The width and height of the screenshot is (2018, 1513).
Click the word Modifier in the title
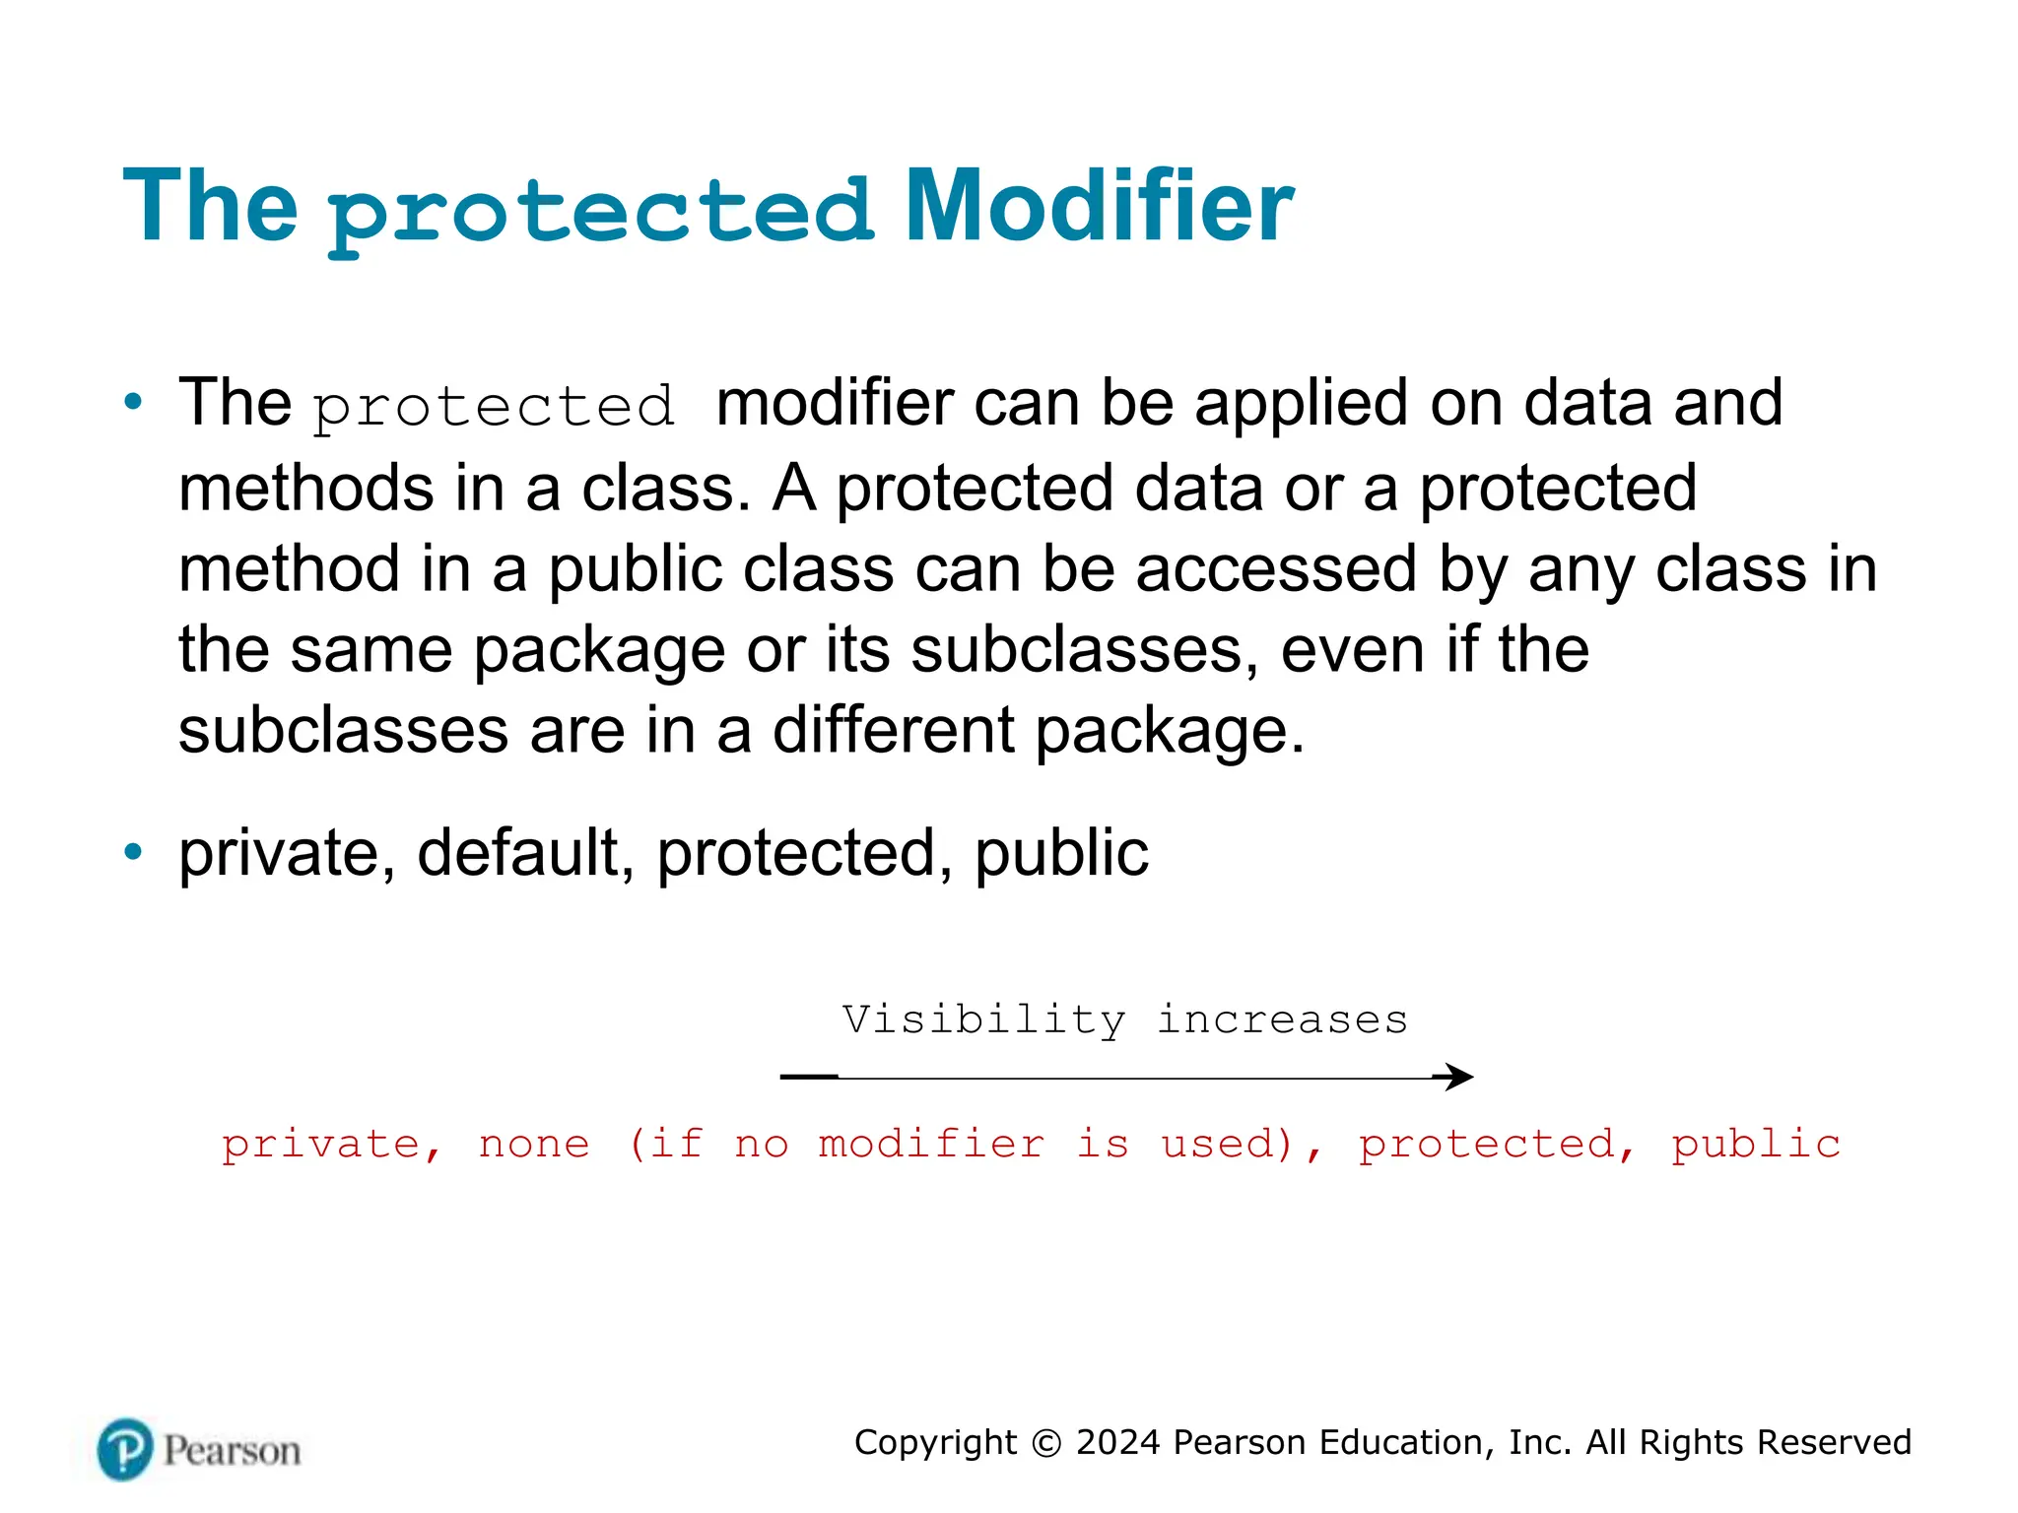coord(1098,207)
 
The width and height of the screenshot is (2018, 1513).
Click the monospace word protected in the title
coord(600,211)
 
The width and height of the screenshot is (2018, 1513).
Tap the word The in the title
coord(210,207)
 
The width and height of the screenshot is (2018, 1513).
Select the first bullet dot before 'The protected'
coord(133,402)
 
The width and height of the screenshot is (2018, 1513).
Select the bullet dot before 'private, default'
coord(133,852)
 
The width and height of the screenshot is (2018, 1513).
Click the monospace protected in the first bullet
coord(495,407)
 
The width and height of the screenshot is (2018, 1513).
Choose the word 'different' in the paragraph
coord(893,731)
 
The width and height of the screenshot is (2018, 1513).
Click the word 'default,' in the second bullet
coord(525,853)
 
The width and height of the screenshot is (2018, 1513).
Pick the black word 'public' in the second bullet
coord(1061,853)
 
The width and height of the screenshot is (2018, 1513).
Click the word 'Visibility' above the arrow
coord(983,1020)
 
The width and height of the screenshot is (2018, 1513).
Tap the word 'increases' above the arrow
coord(1282,1020)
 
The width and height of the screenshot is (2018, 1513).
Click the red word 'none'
coord(534,1145)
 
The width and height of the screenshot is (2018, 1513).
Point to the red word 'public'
coord(1755,1145)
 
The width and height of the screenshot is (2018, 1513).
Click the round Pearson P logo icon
coord(125,1450)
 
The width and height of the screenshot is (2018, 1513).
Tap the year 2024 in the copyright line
coord(1117,1442)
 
